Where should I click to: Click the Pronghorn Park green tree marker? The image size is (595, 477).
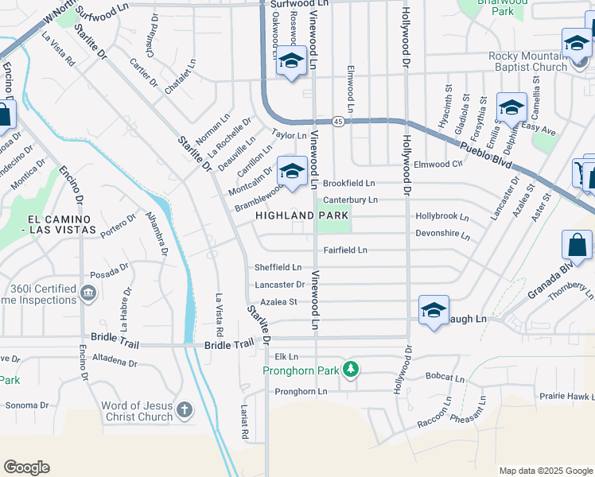coord(349,370)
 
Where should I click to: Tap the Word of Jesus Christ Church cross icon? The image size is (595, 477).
coord(184,410)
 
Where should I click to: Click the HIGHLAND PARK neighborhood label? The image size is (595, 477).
coord(301,215)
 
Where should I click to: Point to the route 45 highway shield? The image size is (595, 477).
coord(339,122)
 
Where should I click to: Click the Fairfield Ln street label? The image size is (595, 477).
coord(344,250)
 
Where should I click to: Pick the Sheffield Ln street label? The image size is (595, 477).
coord(278,267)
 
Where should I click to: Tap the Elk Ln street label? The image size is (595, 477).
coord(286,357)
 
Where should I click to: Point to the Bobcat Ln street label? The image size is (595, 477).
coord(444,376)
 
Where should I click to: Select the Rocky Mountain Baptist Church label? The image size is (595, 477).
coord(528,61)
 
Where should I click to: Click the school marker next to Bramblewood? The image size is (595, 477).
coord(292,170)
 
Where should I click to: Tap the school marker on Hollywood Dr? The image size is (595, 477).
coord(434,310)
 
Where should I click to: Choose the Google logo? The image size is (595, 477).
coord(26,467)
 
